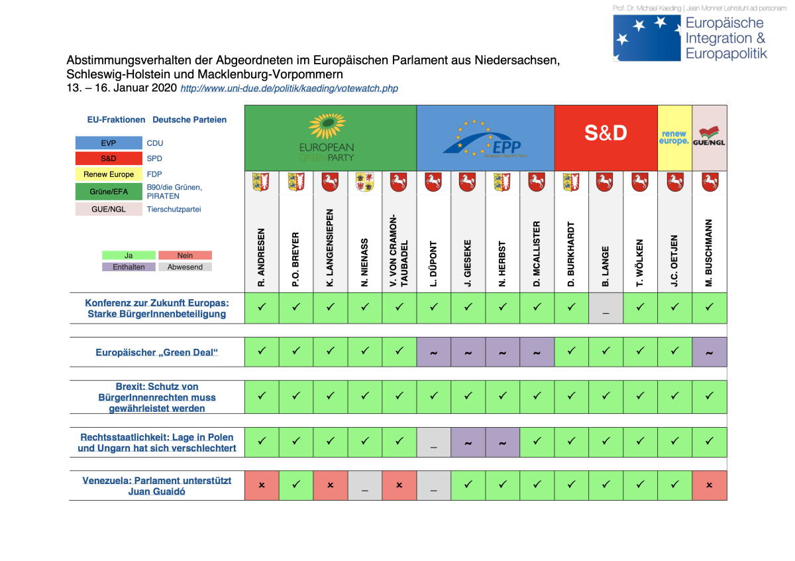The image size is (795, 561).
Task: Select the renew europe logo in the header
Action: (x=674, y=137)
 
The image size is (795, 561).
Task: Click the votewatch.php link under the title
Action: (x=289, y=88)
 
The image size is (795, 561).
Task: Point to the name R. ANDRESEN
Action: (x=262, y=257)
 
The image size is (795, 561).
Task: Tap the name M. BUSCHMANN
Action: (x=709, y=253)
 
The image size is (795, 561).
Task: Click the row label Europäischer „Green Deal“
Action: (x=156, y=352)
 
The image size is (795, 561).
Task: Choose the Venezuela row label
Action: (x=156, y=485)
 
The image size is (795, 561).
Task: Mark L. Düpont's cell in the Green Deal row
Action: (x=434, y=352)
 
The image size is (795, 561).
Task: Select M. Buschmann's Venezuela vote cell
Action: (x=709, y=485)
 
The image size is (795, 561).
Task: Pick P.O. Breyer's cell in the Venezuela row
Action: (x=296, y=485)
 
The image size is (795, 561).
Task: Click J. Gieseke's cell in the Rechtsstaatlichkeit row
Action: (x=468, y=442)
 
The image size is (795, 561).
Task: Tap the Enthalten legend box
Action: (x=129, y=267)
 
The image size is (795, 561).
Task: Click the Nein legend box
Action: (x=185, y=255)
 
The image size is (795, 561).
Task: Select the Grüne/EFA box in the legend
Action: (x=109, y=191)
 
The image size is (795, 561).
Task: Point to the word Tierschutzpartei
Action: (x=174, y=209)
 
